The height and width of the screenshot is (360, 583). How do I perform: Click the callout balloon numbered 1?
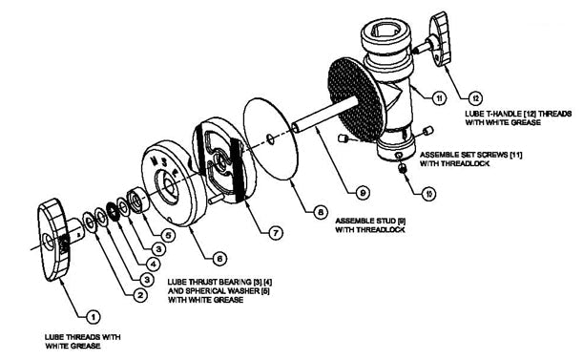click(92, 314)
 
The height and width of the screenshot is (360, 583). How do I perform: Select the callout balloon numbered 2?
click(139, 296)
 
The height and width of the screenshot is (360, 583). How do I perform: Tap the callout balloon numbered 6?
click(219, 258)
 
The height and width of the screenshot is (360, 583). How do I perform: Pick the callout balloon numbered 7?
click(277, 232)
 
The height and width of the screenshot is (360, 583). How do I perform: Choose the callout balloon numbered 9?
click(362, 192)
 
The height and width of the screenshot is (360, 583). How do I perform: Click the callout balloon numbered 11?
click(439, 98)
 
